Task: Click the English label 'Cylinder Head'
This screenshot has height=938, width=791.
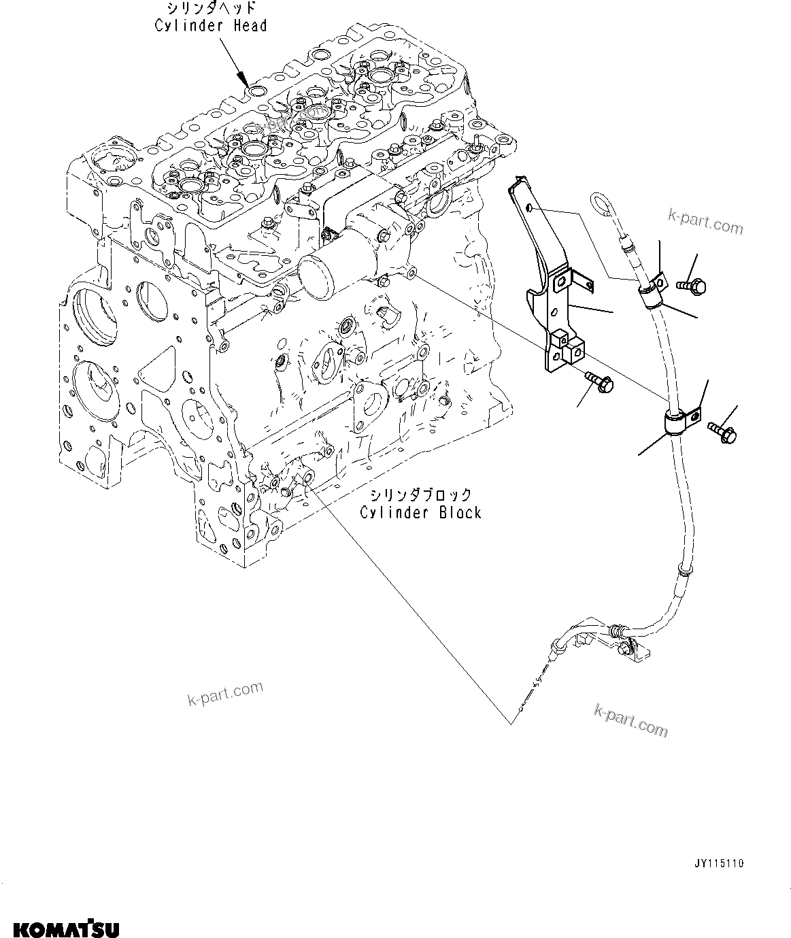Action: click(x=211, y=26)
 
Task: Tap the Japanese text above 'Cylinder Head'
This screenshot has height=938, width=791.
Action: click(x=211, y=9)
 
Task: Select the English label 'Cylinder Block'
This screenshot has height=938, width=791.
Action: click(x=420, y=512)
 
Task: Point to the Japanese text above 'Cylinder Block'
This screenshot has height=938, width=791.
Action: click(x=420, y=495)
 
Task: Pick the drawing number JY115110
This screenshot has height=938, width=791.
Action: click(x=718, y=863)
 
